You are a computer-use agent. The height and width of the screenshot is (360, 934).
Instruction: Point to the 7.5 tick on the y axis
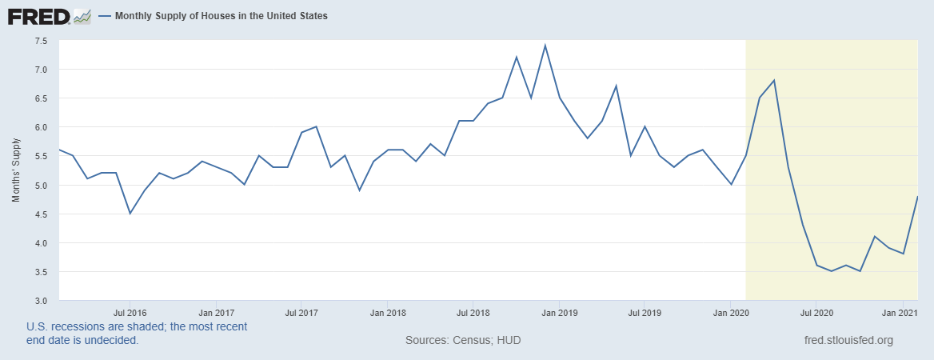click(41, 40)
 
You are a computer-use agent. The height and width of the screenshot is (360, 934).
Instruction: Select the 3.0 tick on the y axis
click(41, 301)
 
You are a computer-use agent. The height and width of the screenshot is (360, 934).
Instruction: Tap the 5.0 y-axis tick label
click(41, 185)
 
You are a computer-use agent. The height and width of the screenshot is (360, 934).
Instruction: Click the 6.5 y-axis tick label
click(41, 98)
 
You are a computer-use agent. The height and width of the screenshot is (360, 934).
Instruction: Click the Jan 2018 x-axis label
click(385, 312)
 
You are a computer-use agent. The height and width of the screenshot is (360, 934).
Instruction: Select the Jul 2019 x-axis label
click(644, 312)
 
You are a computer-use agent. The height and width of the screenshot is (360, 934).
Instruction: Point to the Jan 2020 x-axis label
click(731, 312)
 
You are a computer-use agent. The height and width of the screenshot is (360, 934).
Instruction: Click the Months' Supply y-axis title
click(16, 170)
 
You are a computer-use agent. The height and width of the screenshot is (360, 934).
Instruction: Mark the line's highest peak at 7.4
click(545, 46)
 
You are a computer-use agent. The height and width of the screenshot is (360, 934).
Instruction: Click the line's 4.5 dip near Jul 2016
click(130, 214)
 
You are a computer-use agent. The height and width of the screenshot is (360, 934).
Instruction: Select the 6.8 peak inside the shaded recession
click(774, 80)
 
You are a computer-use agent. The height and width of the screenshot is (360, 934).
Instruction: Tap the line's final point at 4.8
click(916, 197)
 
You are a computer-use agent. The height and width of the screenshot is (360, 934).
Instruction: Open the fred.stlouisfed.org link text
click(848, 341)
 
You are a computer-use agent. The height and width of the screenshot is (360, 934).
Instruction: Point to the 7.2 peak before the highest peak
click(517, 57)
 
